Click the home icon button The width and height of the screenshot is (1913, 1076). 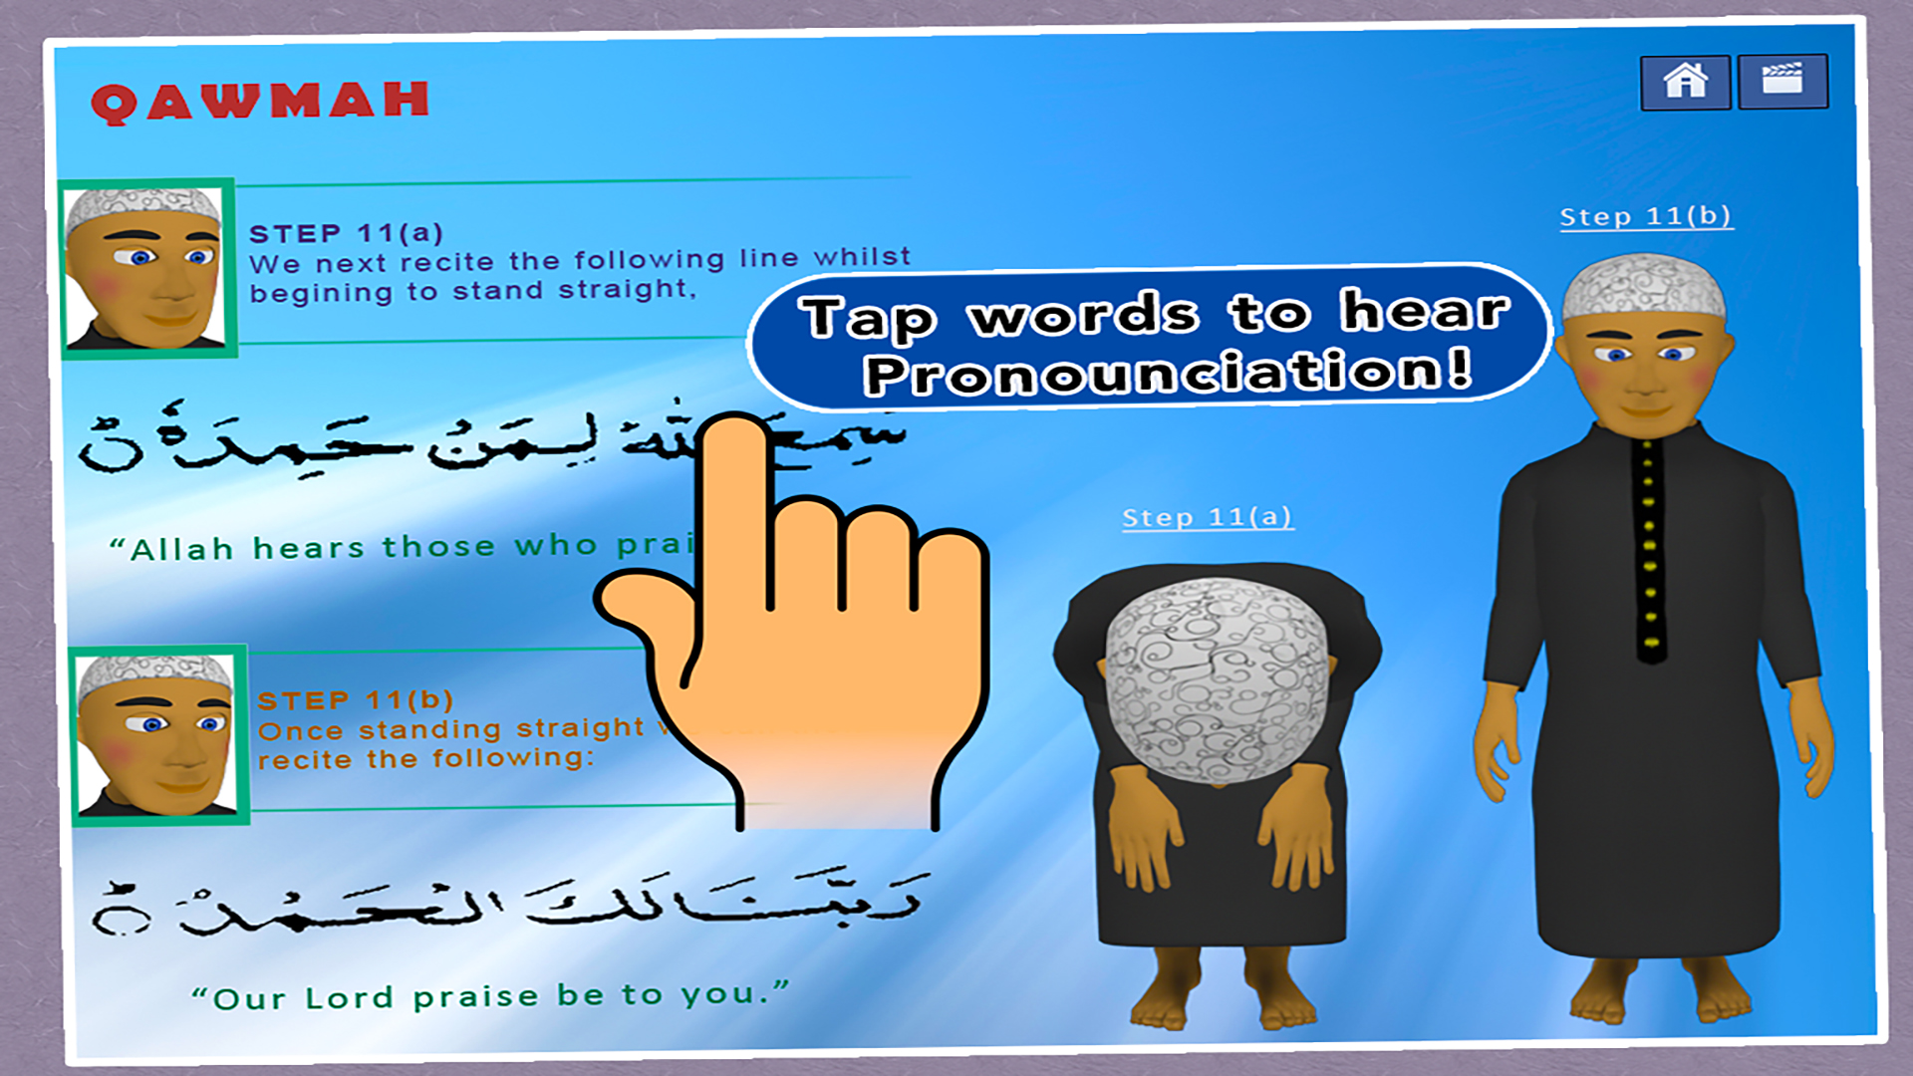[1685, 82]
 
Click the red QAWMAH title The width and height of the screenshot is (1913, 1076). [260, 102]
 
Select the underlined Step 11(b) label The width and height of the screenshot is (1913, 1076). [1646, 217]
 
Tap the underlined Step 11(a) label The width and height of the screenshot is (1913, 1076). [1208, 518]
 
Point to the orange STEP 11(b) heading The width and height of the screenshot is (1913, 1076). [355, 700]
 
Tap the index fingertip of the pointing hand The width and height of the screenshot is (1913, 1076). [735, 438]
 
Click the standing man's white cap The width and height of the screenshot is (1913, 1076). [1643, 286]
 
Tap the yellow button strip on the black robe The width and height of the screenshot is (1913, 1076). [1649, 548]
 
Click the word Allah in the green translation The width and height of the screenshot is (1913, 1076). [182, 550]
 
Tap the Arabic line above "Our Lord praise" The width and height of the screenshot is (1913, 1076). [508, 902]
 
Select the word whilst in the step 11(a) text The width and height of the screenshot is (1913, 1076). [862, 257]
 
